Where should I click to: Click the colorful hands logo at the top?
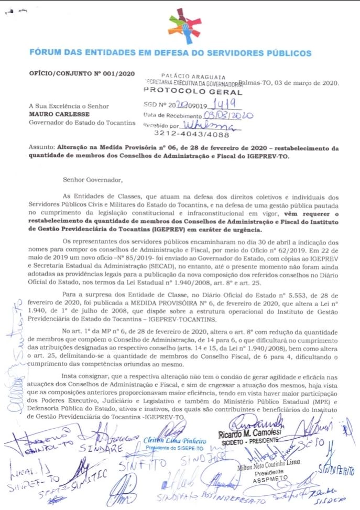tap(184, 26)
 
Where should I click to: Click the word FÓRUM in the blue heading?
tap(45, 53)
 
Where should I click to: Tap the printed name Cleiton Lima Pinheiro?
tap(174, 441)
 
